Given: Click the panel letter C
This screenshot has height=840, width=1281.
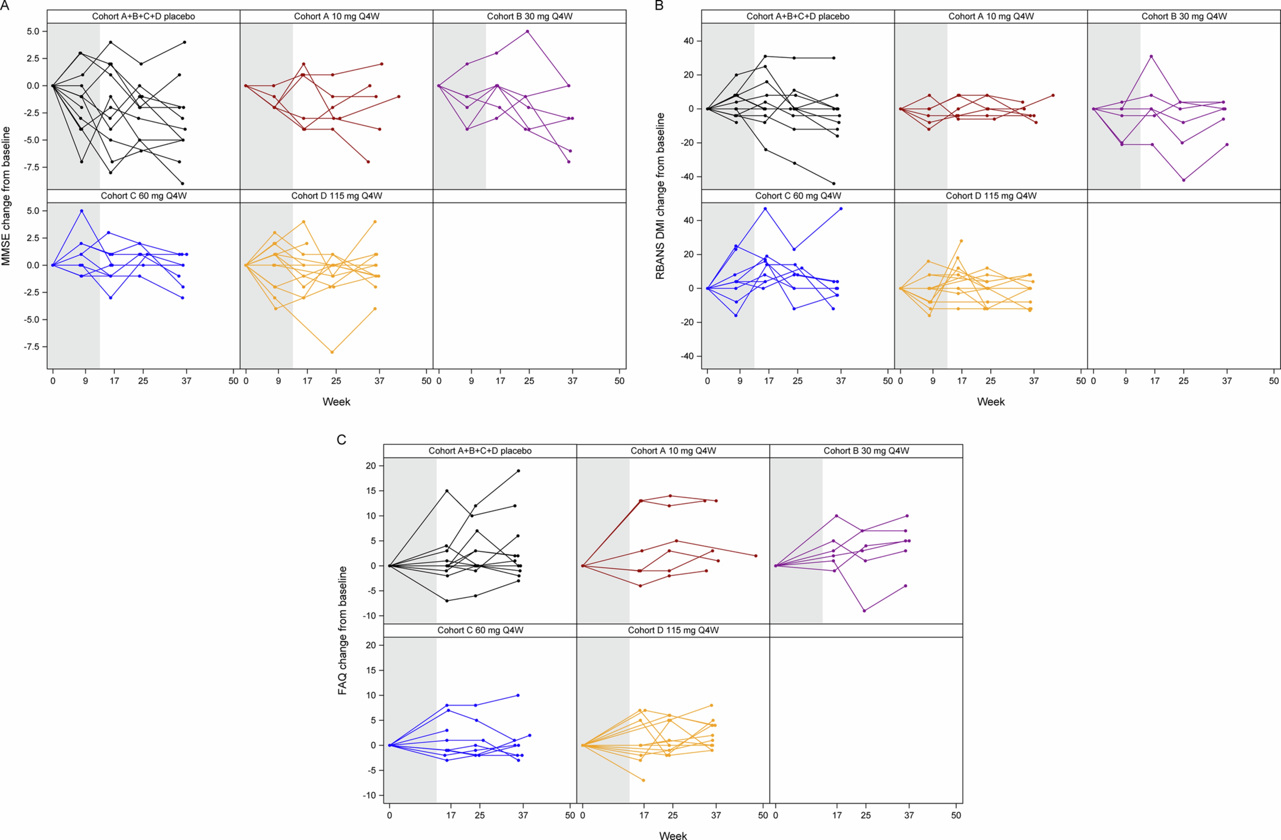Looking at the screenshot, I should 341,440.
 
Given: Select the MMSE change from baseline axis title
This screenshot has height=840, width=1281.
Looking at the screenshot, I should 7,196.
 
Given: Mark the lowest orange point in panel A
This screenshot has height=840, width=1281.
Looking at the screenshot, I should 332,352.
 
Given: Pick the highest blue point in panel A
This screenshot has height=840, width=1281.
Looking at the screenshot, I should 81,211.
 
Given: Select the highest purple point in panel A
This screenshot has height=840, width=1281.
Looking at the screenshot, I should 528,31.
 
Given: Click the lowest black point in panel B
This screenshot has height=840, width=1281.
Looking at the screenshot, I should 834,183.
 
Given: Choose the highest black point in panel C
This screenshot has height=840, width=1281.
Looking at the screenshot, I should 518,471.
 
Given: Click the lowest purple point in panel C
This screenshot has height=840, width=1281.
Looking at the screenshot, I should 864,611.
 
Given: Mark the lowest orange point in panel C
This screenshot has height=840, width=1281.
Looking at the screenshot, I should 643,780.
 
